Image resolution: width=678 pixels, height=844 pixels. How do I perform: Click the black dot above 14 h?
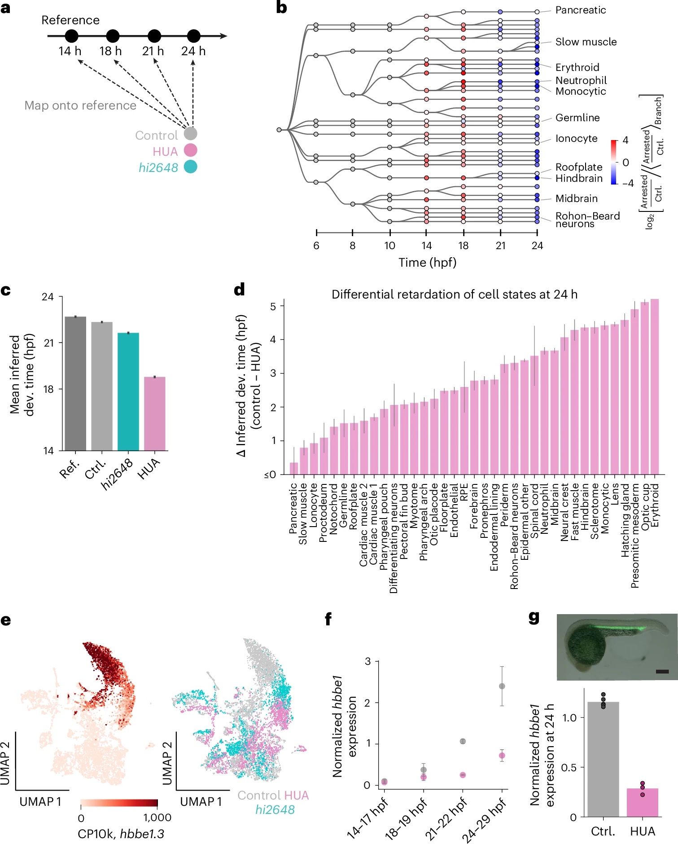click(x=71, y=36)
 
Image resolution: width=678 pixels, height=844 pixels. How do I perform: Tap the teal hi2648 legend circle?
click(x=191, y=167)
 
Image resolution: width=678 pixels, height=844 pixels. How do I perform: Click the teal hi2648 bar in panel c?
click(x=128, y=391)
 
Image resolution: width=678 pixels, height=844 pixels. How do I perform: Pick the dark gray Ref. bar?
click(x=75, y=383)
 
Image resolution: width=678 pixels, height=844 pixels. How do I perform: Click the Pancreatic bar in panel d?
click(x=294, y=468)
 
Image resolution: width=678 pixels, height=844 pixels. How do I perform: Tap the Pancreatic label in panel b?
click(x=580, y=10)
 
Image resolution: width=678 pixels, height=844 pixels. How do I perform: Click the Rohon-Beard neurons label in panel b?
click(x=587, y=220)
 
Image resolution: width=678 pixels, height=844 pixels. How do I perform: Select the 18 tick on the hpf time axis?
click(x=463, y=246)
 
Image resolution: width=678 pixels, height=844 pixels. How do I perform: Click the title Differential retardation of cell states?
click(x=454, y=295)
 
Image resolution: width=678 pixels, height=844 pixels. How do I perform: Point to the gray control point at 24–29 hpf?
click(x=502, y=686)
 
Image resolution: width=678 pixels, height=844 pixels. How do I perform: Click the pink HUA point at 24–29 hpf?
click(x=502, y=756)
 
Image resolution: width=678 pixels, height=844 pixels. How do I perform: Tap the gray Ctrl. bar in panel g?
click(x=603, y=759)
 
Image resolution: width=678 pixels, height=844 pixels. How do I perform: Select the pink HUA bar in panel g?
click(x=642, y=802)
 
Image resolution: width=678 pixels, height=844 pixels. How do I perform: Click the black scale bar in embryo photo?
click(x=662, y=672)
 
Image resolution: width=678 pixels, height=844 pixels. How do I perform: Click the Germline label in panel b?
click(x=577, y=118)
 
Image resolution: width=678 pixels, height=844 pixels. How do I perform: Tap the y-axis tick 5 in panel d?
click(x=273, y=306)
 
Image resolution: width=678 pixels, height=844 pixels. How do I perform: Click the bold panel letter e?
click(x=6, y=620)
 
